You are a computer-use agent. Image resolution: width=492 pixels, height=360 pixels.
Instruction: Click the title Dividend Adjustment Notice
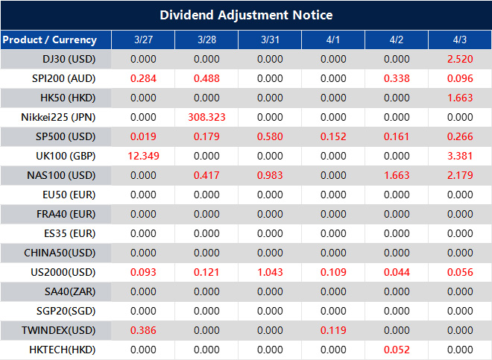(x=246, y=15)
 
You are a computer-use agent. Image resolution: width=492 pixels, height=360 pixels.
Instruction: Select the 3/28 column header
(x=206, y=40)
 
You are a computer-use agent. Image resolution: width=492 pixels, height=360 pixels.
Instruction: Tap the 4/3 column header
(x=460, y=40)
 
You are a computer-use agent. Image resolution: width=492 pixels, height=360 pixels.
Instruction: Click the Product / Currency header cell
(x=50, y=40)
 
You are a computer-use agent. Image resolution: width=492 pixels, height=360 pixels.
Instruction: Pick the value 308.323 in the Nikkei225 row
(x=206, y=117)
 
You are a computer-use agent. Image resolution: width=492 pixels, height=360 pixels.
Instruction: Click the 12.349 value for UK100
(x=142, y=156)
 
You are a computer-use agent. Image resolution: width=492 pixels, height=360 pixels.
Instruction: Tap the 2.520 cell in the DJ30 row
(x=460, y=59)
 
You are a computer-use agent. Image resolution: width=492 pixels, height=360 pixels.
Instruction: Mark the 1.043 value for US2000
(x=270, y=272)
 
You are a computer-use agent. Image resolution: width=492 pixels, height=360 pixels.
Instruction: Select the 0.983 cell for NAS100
(x=270, y=175)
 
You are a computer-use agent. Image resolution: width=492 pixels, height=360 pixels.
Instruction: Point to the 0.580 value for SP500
(x=270, y=136)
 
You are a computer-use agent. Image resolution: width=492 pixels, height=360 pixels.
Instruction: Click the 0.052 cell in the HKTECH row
(x=397, y=349)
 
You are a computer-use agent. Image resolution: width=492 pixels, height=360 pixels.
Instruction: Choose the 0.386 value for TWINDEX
(x=142, y=329)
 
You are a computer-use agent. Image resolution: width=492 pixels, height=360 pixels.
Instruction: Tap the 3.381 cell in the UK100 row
(x=460, y=156)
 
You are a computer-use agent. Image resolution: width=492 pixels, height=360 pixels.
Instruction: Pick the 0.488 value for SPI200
(x=206, y=78)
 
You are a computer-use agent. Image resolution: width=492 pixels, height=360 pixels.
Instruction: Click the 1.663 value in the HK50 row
(x=460, y=98)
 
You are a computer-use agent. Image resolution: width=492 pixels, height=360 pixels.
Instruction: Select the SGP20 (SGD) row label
(x=60, y=310)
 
